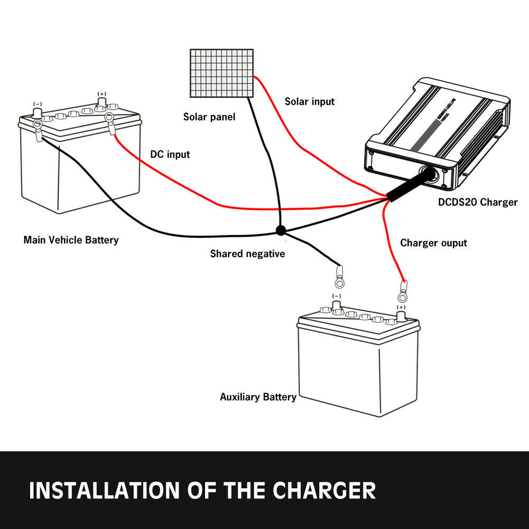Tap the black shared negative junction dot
280,230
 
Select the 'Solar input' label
309,101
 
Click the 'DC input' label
170,154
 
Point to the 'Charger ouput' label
433,243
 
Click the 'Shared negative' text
247,254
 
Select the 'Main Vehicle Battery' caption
71,240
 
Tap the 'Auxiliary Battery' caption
258,396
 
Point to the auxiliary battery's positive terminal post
401,316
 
